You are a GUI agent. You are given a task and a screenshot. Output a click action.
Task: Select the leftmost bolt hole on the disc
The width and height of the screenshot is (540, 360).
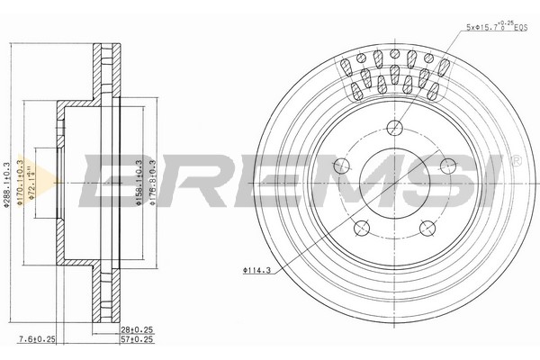tap(340, 166)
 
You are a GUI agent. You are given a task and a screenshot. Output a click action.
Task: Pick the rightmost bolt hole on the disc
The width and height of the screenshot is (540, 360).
tap(447, 164)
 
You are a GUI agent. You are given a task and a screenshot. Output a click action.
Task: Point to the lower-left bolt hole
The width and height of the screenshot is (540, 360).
tap(361, 227)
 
